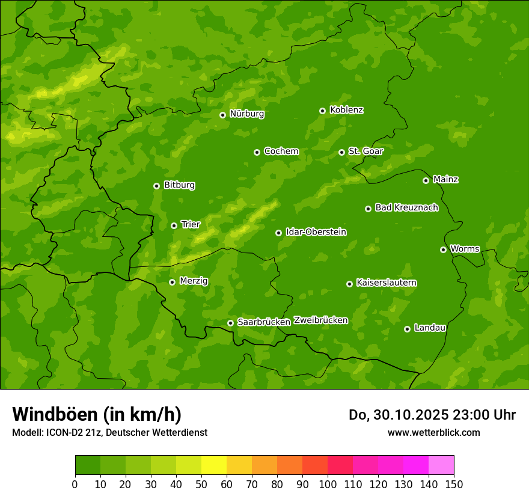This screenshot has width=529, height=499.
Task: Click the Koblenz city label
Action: (346, 110)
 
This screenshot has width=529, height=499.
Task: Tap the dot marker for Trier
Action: (174, 225)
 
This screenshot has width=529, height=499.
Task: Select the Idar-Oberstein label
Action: (316, 232)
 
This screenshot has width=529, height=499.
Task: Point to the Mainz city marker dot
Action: (426, 180)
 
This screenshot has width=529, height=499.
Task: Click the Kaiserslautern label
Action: (387, 283)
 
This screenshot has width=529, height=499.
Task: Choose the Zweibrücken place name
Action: (320, 320)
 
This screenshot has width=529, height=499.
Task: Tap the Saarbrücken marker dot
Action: (230, 323)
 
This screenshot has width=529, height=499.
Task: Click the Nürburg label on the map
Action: (246, 114)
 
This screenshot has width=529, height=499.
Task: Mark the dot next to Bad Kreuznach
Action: (368, 209)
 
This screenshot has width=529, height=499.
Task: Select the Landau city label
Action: (430, 328)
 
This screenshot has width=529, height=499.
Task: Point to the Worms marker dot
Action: (443, 249)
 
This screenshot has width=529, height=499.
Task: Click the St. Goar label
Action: (365, 152)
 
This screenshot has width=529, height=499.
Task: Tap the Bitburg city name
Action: (179, 185)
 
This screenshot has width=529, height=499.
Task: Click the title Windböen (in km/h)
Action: (96, 414)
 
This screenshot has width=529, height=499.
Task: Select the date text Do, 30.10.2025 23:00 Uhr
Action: (432, 415)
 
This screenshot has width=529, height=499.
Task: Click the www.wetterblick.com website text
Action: (433, 432)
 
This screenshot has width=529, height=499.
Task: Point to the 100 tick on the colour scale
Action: (328, 485)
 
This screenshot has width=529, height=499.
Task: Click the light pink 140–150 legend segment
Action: (441, 465)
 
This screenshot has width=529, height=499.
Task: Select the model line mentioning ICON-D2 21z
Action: (109, 432)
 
